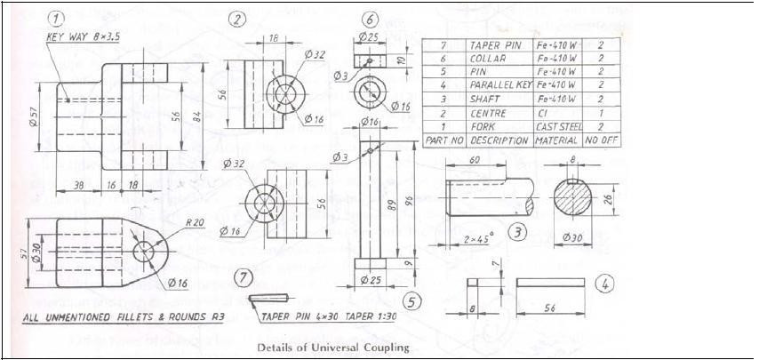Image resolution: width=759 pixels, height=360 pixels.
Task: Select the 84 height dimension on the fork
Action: click(205, 116)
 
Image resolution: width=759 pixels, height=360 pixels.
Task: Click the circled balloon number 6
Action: click(371, 20)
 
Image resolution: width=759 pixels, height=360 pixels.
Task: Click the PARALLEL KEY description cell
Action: click(499, 85)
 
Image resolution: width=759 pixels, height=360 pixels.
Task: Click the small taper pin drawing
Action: click(268, 298)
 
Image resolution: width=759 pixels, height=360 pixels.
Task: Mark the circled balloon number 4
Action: click(604, 284)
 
